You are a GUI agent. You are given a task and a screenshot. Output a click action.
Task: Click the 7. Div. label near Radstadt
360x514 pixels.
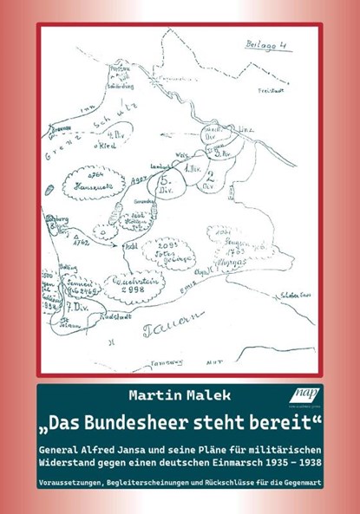70,310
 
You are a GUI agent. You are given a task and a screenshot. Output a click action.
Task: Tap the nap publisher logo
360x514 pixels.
307,396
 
